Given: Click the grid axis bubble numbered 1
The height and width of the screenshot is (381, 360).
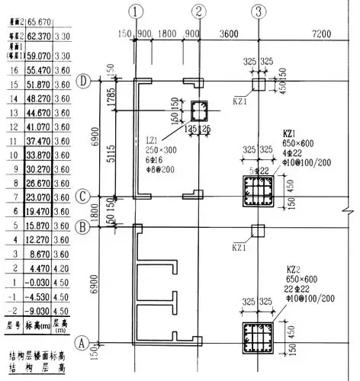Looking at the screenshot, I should (x=136, y=11).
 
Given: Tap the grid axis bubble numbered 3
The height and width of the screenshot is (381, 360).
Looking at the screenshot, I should (x=259, y=11).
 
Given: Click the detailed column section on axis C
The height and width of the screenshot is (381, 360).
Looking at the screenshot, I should (x=257, y=194).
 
